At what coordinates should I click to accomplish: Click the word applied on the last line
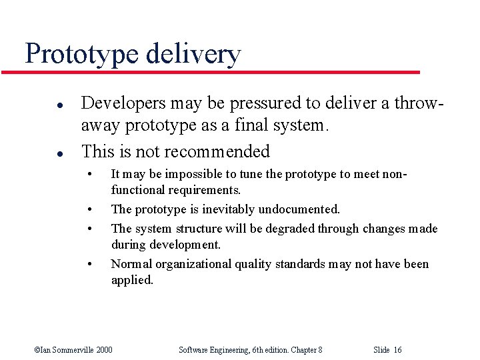(x=131, y=280)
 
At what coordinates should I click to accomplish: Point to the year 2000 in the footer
(x=103, y=349)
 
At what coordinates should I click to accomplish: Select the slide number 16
(x=397, y=349)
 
